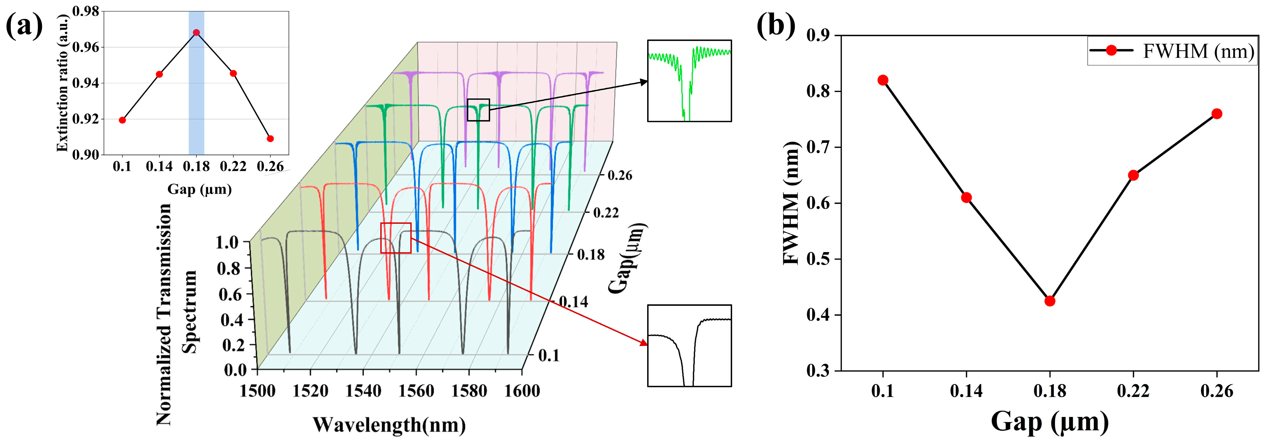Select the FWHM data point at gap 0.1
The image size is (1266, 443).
pos(883,80)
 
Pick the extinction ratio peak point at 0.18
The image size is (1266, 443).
pos(196,32)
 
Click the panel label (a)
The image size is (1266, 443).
pos(24,26)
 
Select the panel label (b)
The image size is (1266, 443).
pos(776,26)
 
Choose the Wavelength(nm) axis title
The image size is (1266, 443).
pos(389,425)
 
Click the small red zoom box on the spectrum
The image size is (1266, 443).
pos(396,238)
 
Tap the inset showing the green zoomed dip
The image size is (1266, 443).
pos(689,81)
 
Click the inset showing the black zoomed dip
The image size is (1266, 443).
pos(689,346)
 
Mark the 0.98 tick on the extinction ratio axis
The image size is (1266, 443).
pos(86,11)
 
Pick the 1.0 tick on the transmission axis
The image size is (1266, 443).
pos(227,242)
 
